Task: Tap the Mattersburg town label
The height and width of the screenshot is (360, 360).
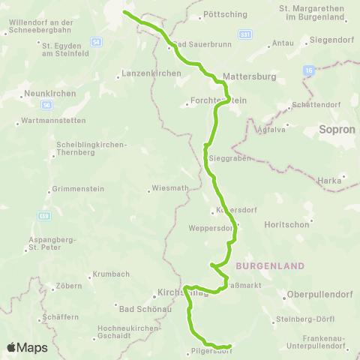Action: pos(250,76)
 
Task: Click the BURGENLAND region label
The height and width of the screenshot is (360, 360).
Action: pos(270,266)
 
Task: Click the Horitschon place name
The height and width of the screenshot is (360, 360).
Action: pos(287,224)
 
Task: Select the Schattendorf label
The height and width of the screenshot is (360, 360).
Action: pos(310,105)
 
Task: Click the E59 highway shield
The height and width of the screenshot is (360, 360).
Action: pos(44,216)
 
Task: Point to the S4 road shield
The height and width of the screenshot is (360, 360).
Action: pos(96,43)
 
